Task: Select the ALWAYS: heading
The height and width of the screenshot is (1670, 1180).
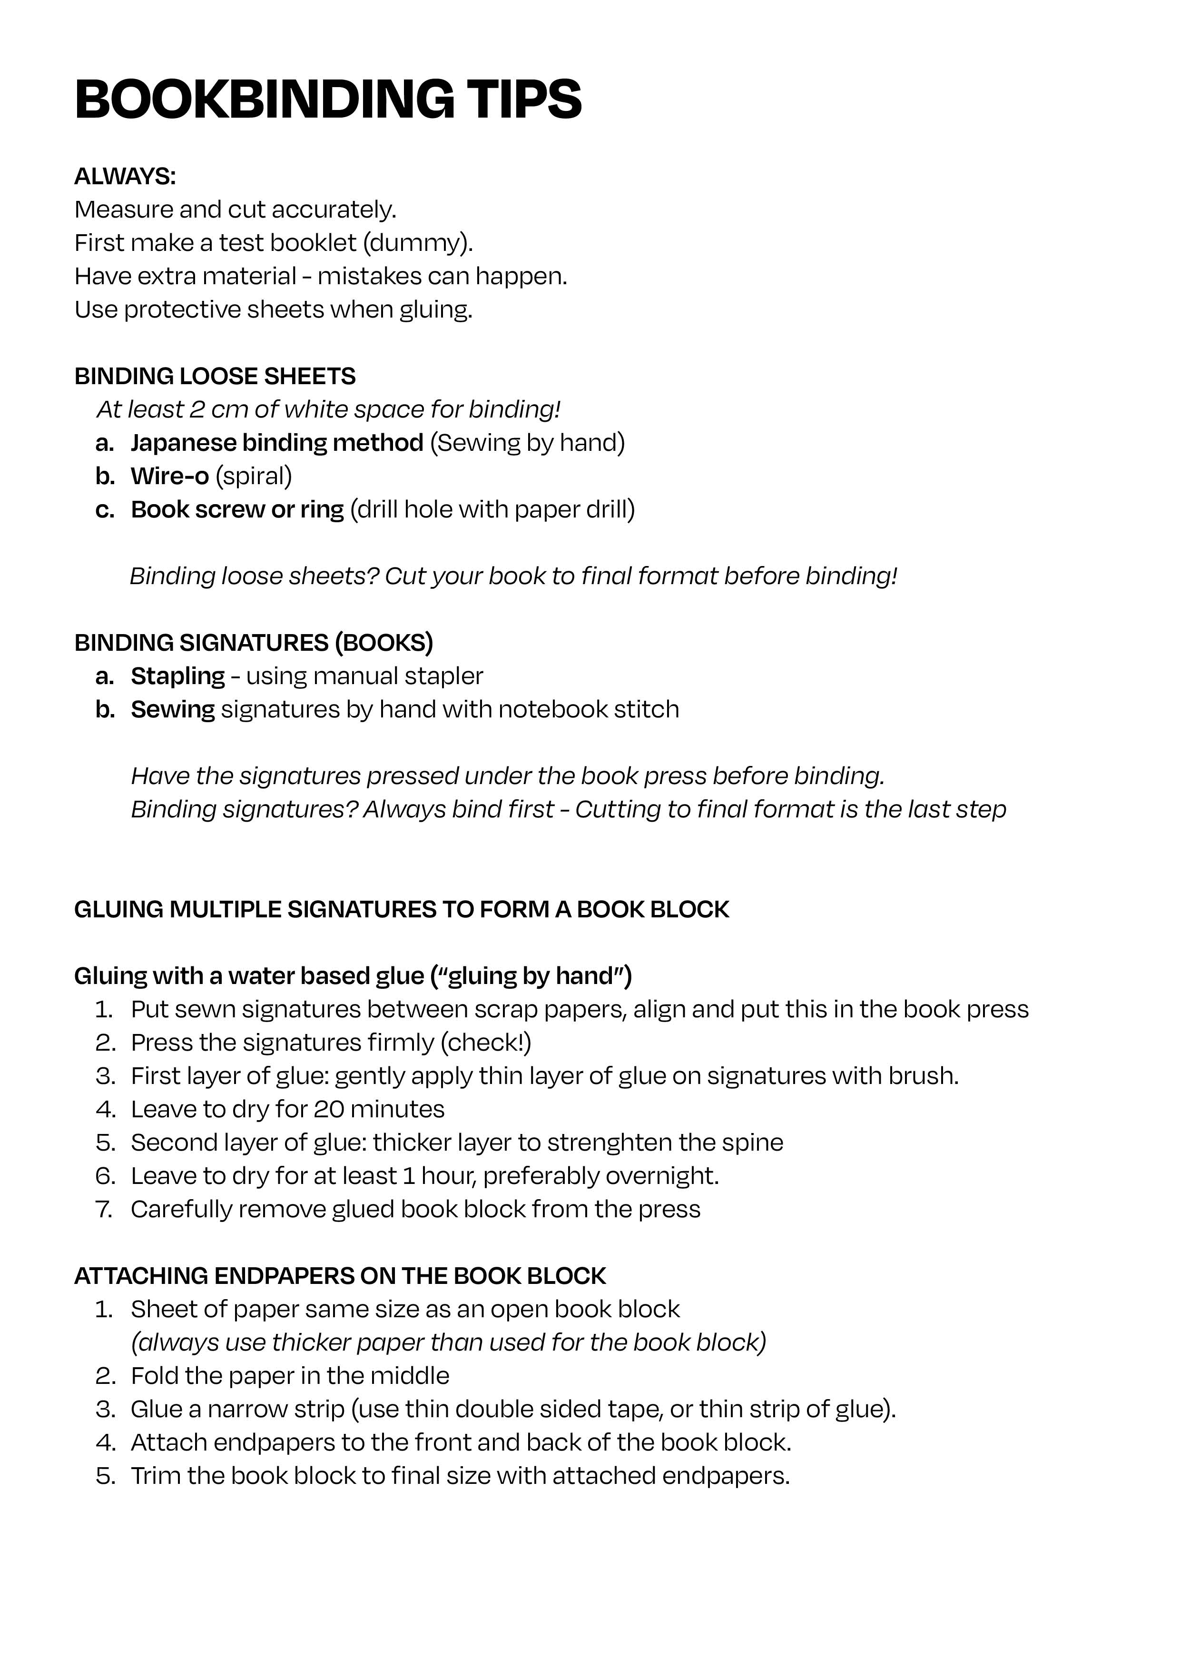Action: (125, 177)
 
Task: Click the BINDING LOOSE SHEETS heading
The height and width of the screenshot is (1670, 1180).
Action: (215, 376)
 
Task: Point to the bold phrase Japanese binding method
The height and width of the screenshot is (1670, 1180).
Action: (276, 443)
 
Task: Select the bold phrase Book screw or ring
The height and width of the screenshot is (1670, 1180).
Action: (237, 510)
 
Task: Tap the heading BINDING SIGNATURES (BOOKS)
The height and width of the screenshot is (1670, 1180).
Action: (253, 643)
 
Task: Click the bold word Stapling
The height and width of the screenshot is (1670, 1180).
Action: (177, 676)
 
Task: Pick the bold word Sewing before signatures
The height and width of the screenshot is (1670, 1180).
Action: (172, 710)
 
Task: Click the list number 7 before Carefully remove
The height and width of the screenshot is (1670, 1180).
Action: (104, 1210)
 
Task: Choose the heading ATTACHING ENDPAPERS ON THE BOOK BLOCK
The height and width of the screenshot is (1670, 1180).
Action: (340, 1276)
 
